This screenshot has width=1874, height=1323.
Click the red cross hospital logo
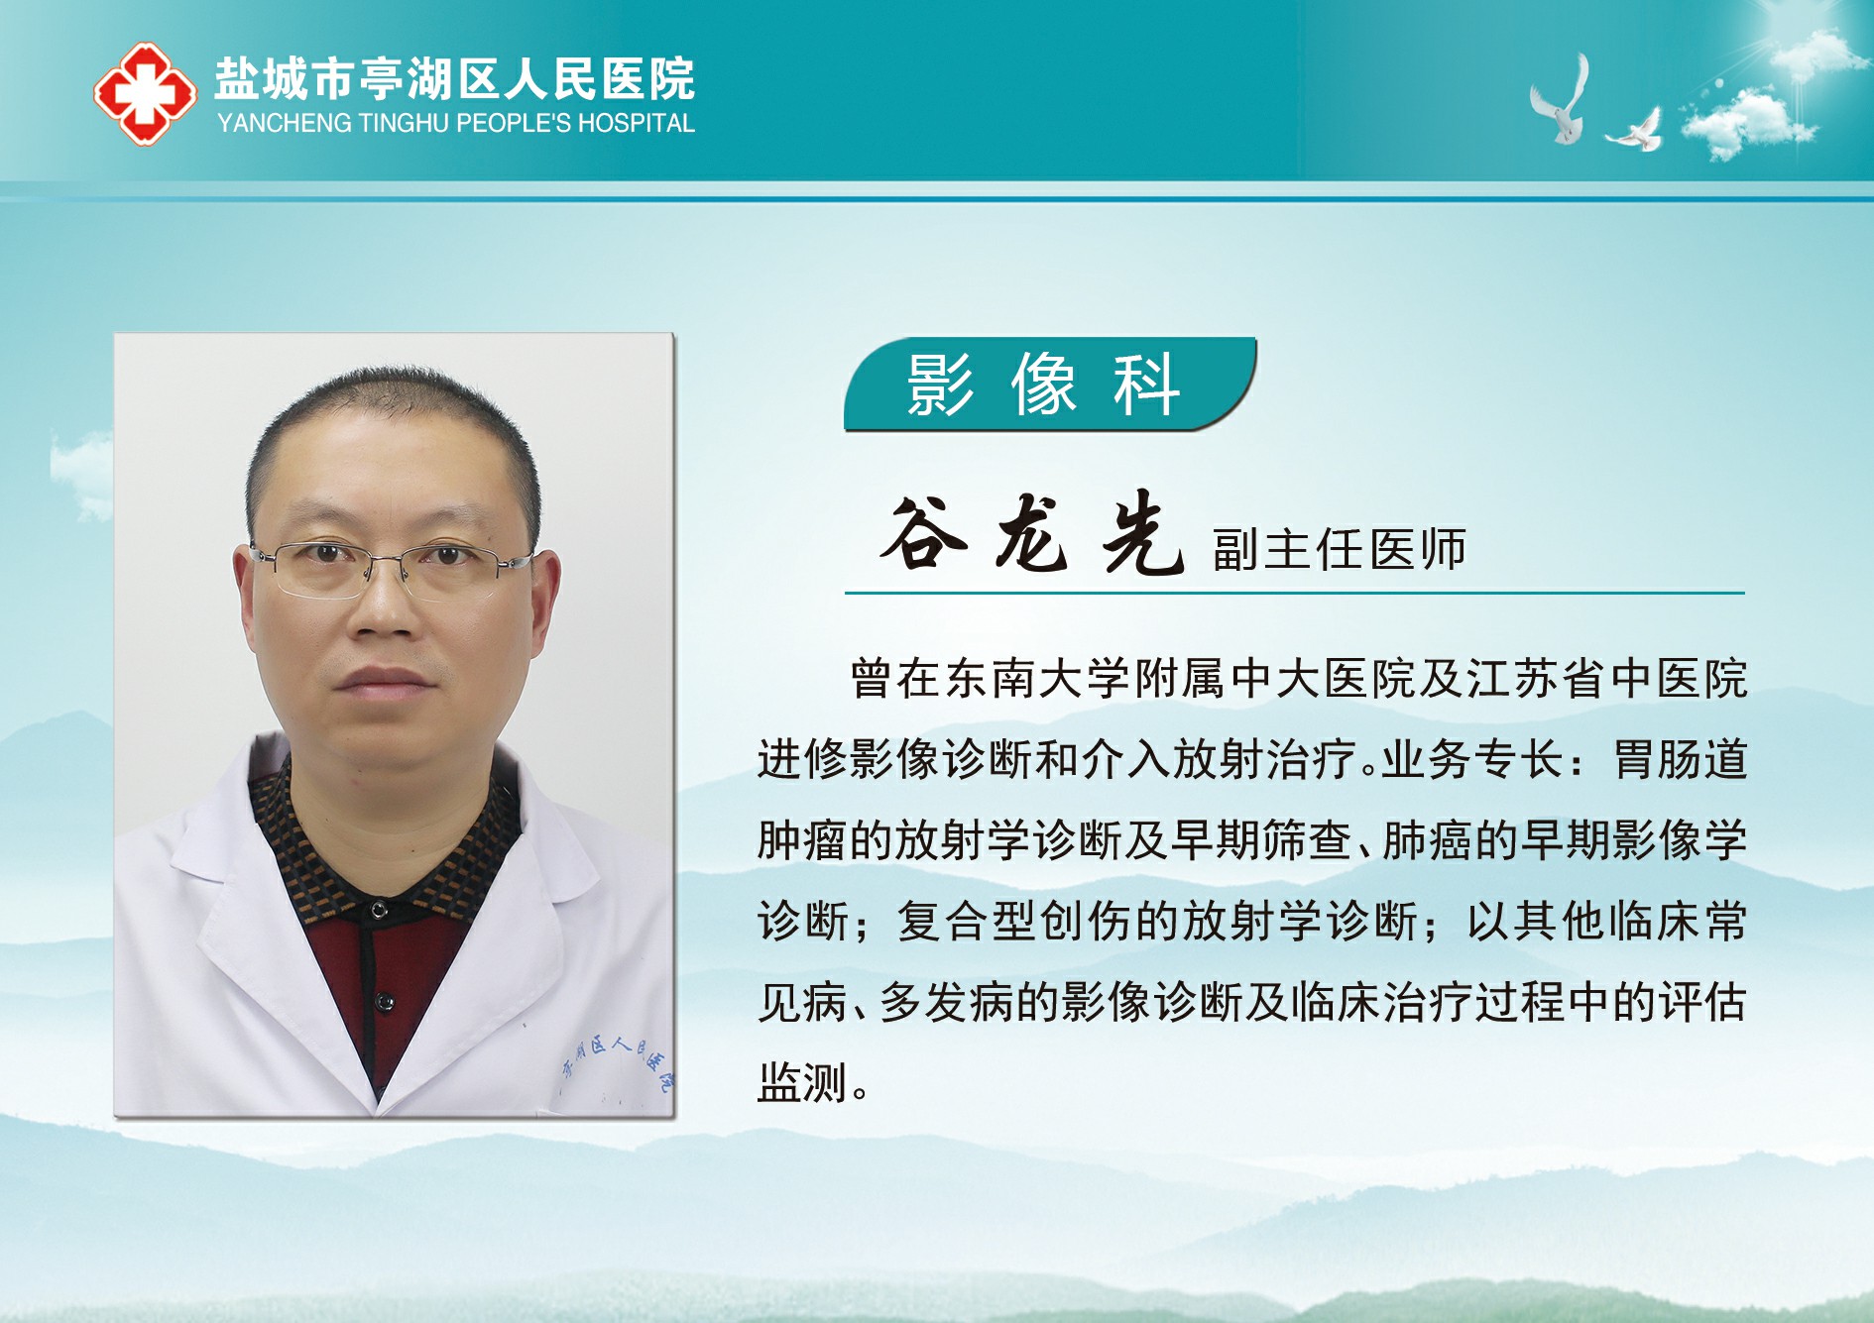click(145, 94)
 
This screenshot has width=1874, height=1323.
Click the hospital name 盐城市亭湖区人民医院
click(455, 79)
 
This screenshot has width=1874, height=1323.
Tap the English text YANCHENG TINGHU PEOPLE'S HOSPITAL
click(456, 124)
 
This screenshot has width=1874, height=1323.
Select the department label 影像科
click(1043, 385)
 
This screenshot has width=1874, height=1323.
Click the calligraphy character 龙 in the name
click(1032, 535)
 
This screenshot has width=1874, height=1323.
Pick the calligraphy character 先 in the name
click(1142, 535)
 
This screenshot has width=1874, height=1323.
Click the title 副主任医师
click(1339, 550)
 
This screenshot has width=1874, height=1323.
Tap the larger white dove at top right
click(1560, 101)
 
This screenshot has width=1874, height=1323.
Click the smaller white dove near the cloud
click(1636, 131)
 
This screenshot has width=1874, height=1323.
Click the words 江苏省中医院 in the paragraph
click(1606, 679)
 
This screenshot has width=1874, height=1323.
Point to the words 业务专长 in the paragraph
click(1472, 760)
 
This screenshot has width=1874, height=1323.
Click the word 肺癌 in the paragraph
click(1428, 840)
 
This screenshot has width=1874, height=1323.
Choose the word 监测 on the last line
click(802, 1082)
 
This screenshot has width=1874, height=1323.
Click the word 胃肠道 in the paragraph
click(1681, 760)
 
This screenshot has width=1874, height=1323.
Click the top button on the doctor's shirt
click(379, 909)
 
